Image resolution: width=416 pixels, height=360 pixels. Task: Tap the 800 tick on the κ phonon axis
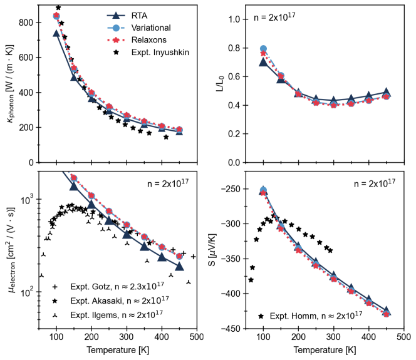(31, 23)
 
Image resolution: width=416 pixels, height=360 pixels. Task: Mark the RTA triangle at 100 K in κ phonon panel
(56, 33)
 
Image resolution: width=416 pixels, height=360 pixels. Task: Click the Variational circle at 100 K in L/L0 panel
(263, 48)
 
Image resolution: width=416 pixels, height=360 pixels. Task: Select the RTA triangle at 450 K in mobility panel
(179, 266)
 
